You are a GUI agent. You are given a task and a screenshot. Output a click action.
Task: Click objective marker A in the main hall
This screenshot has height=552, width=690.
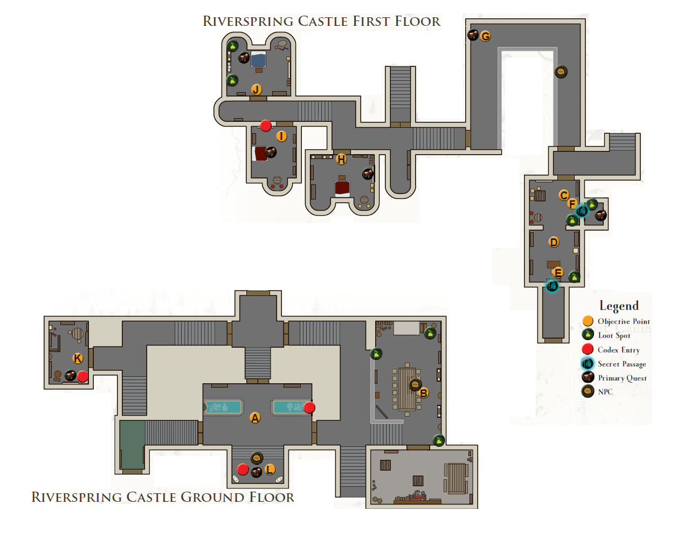255,418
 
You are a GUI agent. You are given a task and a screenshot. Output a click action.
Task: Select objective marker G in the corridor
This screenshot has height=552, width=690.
486,36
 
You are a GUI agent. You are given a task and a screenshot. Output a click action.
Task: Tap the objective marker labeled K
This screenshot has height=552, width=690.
78,358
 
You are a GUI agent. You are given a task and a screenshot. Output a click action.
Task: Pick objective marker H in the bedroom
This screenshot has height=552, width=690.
341,159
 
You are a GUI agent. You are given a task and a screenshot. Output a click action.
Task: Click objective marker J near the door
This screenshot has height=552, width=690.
256,89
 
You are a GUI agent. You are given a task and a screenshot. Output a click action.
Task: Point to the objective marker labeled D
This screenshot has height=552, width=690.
554,242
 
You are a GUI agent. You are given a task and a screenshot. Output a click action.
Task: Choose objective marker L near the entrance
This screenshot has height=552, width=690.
270,469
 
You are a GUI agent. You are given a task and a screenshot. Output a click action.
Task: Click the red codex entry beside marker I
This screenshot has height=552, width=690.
265,126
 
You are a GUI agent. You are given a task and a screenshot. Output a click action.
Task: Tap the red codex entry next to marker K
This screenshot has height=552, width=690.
82,376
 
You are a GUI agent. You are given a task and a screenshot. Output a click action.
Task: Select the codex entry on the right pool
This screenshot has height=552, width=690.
309,408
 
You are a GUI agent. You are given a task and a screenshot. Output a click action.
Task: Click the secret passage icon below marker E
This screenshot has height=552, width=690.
552,286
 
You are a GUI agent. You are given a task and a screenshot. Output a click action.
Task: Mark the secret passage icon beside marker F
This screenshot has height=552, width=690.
581,211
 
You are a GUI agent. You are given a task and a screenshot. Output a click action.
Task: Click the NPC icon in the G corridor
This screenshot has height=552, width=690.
561,72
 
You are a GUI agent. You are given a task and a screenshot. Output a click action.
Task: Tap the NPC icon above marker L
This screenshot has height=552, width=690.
257,458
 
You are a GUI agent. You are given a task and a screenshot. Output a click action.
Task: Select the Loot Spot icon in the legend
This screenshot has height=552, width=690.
588,335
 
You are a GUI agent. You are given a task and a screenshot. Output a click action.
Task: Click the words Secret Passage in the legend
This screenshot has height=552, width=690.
622,364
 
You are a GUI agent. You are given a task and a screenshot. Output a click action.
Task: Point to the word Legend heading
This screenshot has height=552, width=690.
619,306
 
